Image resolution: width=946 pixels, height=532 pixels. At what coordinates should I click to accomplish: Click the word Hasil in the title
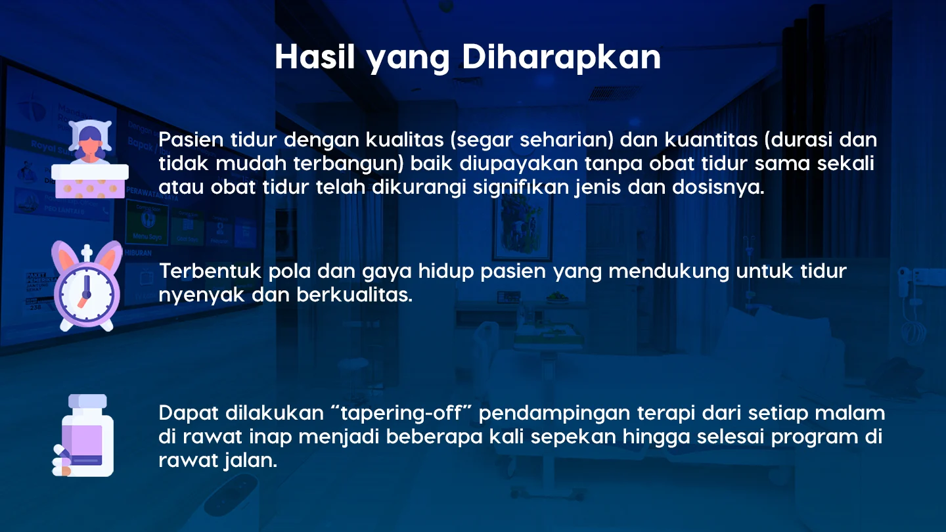coord(315,56)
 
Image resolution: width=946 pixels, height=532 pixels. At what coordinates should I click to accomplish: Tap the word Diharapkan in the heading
coord(561,58)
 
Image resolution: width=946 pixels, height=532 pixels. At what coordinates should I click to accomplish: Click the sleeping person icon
coord(90,159)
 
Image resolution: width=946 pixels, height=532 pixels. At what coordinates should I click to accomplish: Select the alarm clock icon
coord(87,286)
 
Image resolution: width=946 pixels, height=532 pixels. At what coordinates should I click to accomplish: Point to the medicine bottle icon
coord(83,435)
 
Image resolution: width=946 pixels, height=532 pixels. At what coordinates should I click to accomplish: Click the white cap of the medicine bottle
coord(87,401)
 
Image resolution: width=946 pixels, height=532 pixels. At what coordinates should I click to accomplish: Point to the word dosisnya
coord(719,187)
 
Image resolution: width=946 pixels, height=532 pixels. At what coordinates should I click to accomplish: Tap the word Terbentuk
coord(210,271)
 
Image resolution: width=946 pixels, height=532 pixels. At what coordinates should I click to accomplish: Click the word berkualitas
coord(354,295)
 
